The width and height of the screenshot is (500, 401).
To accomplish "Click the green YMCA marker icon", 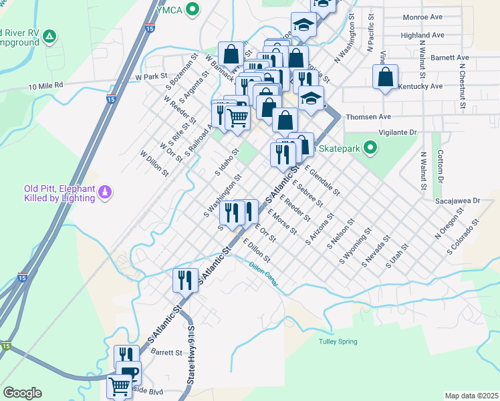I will click(193, 9).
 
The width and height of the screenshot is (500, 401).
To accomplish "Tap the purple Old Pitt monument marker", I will click(104, 193).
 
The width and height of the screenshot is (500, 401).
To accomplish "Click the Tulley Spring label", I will click(337, 342).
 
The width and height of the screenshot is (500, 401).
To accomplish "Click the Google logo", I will click(22, 393).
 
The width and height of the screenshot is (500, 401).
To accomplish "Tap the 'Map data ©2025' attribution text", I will click(471, 396).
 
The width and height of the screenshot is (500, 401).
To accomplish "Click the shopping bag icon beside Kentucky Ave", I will click(386, 78).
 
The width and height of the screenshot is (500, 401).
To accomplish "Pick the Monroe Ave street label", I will click(423, 17).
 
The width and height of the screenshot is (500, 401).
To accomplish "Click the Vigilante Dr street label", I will click(397, 132).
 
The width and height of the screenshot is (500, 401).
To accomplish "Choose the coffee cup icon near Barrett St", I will click(128, 372).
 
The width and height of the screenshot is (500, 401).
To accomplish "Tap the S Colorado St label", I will click(465, 237).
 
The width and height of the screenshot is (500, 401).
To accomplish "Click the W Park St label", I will click(150, 77).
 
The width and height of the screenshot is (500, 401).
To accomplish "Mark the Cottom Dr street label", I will click(441, 167).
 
